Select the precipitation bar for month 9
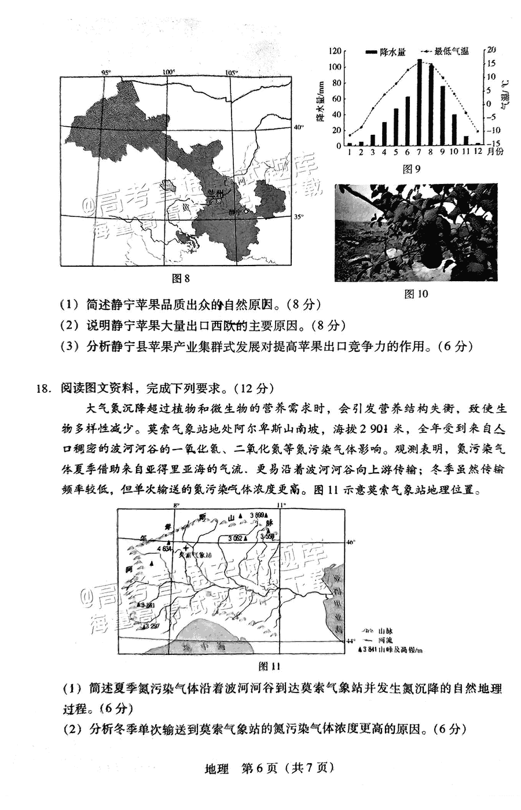click(442, 116)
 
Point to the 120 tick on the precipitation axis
click(334, 51)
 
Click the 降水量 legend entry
click(380, 51)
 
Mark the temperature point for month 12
click(478, 131)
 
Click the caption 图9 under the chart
click(410, 169)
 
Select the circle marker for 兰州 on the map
click(219, 202)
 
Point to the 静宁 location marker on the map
click(246, 212)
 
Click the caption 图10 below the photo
click(416, 294)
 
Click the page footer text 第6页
click(260, 768)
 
